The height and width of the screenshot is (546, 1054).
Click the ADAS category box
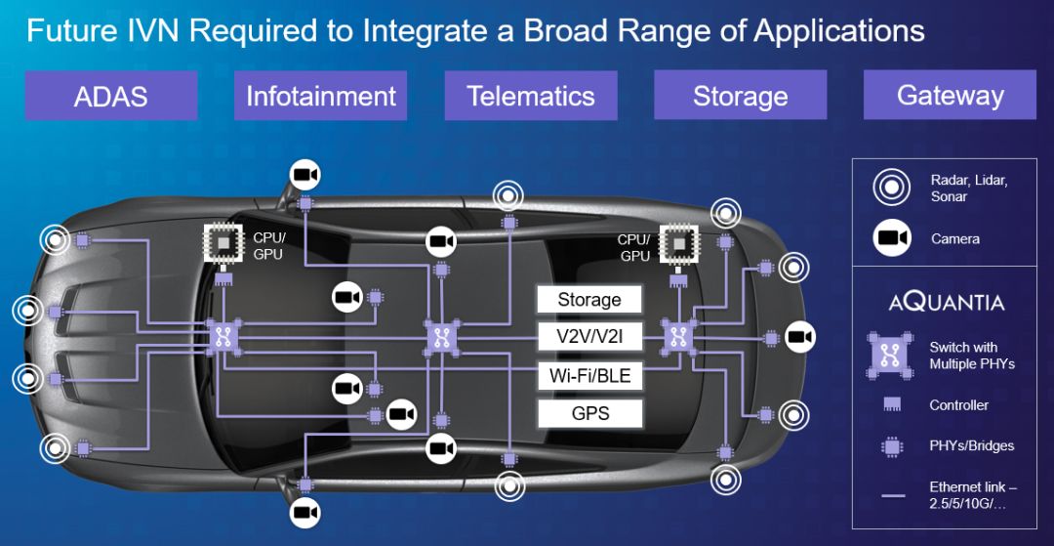point(111,96)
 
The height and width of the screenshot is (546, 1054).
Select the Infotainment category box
point(321,96)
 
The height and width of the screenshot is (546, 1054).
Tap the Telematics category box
point(531,96)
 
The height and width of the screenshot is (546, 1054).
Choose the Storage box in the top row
point(740,96)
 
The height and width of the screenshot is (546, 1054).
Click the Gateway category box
point(950,96)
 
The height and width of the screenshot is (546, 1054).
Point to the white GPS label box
point(589,413)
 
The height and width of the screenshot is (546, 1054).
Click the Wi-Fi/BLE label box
point(589,375)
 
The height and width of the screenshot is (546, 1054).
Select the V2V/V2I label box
point(589,338)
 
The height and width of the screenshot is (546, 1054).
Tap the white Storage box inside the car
point(589,299)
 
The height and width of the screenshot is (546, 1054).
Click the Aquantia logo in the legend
point(947,302)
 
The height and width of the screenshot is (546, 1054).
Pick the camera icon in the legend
point(892,238)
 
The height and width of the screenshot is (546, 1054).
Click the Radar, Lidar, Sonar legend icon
point(892,188)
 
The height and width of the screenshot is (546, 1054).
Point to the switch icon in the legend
point(890,355)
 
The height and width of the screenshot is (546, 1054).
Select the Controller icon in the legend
point(892,404)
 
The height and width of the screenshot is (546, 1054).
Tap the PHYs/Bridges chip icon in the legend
point(892,445)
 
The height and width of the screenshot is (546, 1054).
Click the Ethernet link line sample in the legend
point(892,496)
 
